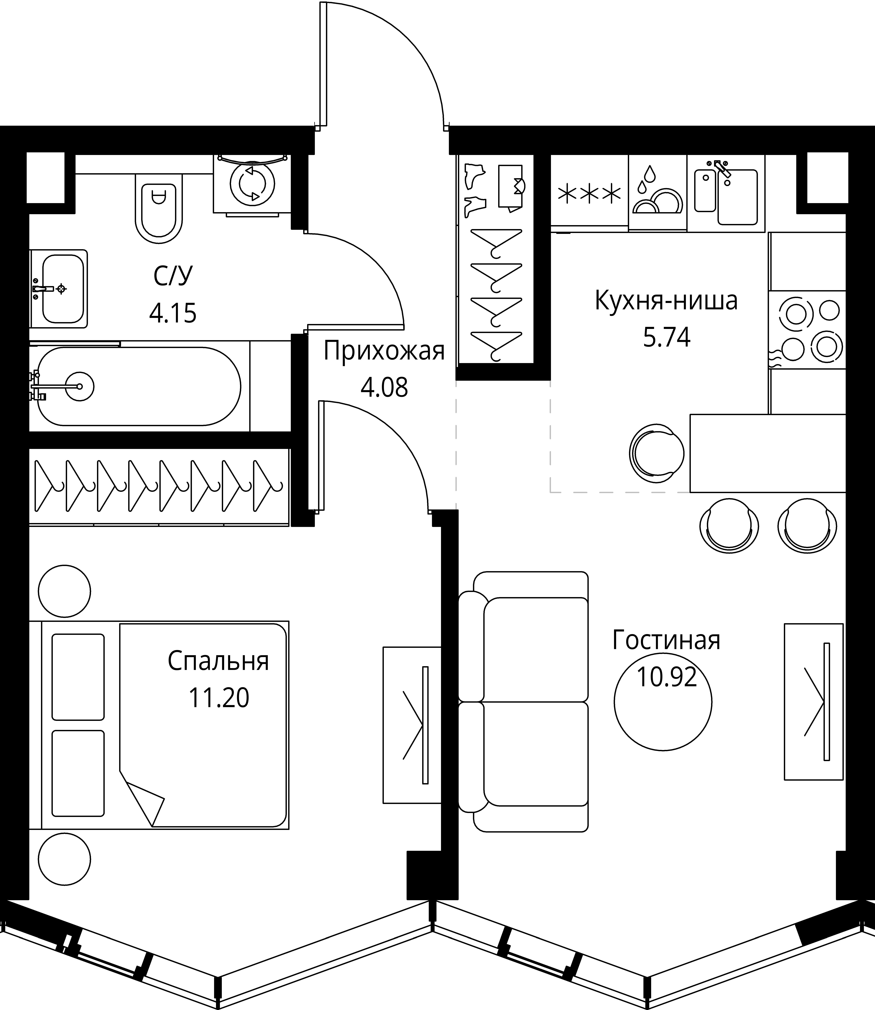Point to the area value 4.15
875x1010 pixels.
(173, 313)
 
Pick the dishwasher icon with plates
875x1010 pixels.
(657, 191)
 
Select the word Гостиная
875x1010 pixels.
(666, 640)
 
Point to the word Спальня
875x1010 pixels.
(218, 662)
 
